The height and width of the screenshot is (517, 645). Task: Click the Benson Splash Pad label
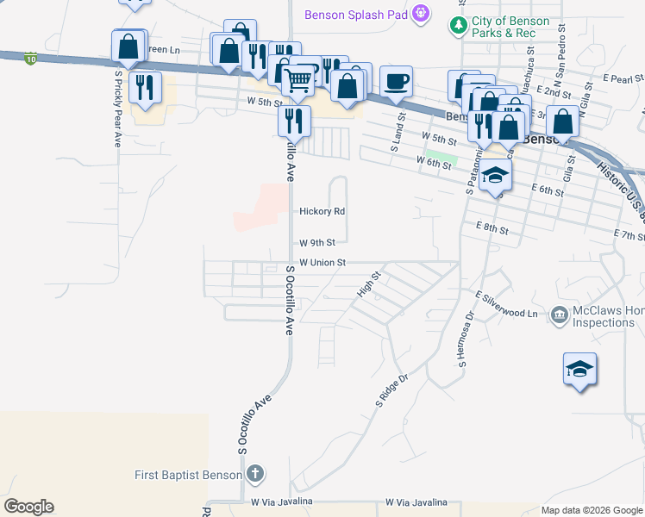click(x=355, y=15)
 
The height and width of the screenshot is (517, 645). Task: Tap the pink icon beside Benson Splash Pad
click(x=421, y=13)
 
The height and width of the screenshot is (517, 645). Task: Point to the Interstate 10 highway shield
click(x=31, y=59)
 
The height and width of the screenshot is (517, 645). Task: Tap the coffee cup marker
click(x=396, y=82)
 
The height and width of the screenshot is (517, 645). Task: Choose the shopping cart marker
click(x=298, y=82)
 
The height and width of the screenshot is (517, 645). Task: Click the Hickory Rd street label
click(x=322, y=211)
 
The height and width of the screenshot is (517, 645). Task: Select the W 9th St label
click(x=316, y=243)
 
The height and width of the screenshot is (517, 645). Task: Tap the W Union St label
click(x=322, y=263)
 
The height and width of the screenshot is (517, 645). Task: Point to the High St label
click(x=369, y=285)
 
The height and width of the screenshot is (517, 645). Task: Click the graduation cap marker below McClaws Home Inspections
click(x=579, y=369)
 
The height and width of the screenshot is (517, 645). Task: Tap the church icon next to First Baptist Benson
click(x=255, y=473)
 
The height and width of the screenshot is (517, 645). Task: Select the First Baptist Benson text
click(x=188, y=474)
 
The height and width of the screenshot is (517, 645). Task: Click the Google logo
click(x=28, y=507)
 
